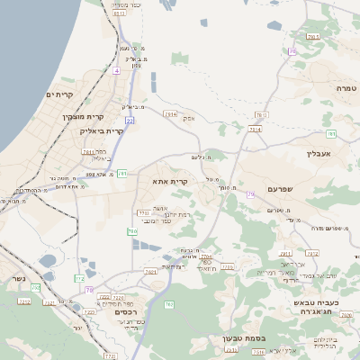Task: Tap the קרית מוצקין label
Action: (x=83, y=116)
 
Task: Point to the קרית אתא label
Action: (x=170, y=182)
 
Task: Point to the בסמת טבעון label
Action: (x=243, y=339)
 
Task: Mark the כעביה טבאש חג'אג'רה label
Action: (x=320, y=308)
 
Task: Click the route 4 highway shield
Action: (x=117, y=69)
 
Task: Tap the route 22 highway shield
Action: (x=130, y=120)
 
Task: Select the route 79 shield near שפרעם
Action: (x=250, y=193)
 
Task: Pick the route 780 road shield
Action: (x=131, y=231)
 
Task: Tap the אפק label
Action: (x=188, y=118)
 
